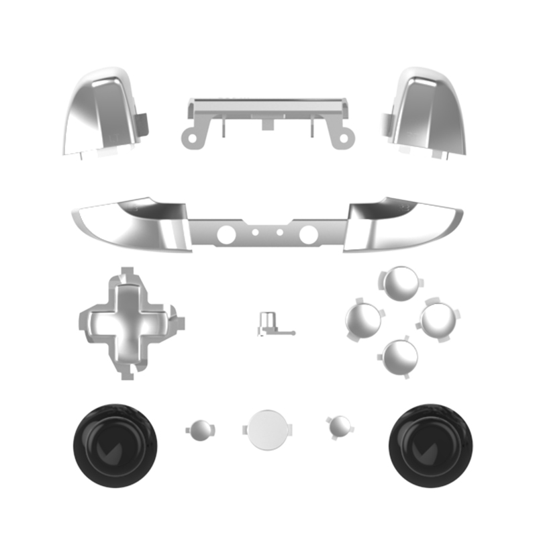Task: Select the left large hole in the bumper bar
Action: [228, 234]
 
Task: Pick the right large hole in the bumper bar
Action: [308, 234]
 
